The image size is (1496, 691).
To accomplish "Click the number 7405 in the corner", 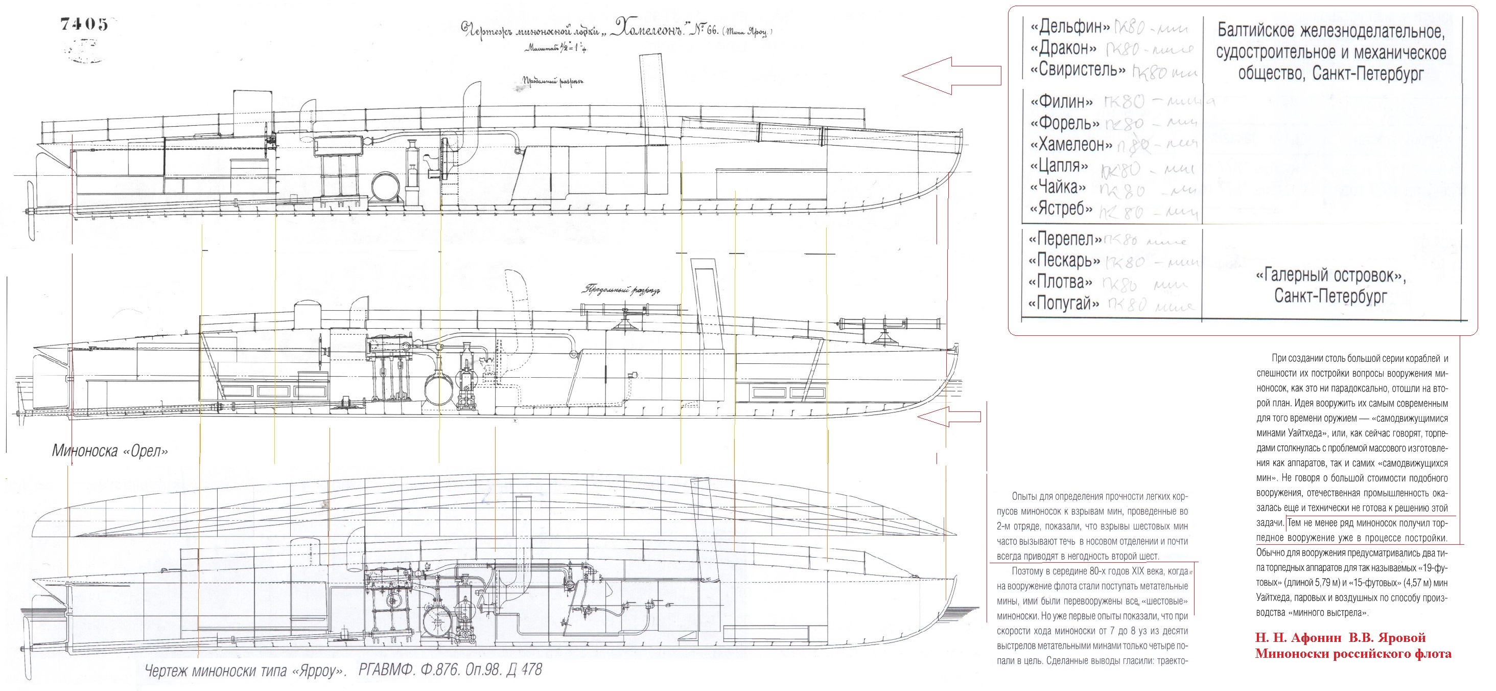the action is (84, 25).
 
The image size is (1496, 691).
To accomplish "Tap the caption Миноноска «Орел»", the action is (110, 451).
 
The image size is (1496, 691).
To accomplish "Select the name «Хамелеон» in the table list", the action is (1071, 145).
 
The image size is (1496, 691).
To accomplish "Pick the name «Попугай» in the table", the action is (1063, 304).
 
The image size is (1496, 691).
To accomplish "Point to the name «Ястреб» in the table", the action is (1061, 209).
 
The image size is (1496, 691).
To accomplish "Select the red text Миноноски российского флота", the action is (1352, 654).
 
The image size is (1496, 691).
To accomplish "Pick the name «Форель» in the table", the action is (1064, 124).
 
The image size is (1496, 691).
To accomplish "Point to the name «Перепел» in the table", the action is (1064, 239).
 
